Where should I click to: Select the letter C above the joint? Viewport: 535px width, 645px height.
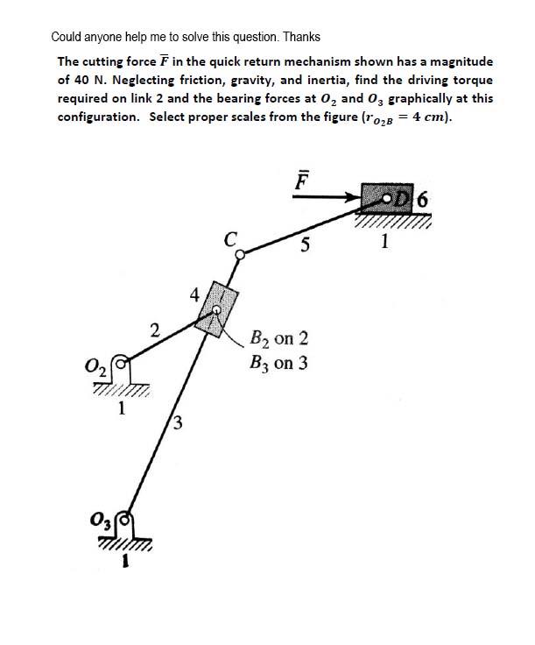[230, 237]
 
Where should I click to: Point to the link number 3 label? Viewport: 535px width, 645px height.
[177, 426]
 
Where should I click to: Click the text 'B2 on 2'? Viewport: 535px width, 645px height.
[278, 339]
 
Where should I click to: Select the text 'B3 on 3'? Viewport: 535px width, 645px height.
[278, 362]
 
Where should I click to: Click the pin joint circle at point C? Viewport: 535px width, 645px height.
[241, 252]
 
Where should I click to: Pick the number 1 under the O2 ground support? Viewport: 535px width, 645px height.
[122, 407]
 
